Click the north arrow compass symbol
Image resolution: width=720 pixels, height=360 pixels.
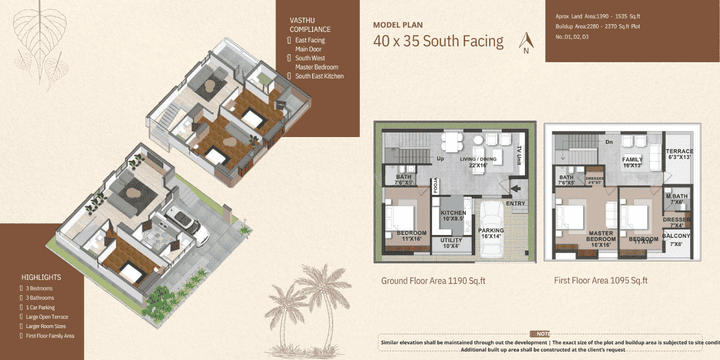tap(526, 42)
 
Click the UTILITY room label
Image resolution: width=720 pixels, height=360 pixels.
tap(452, 242)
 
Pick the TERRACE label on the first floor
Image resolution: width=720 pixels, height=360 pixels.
tap(680, 153)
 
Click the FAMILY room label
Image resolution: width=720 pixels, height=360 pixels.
tap(632, 160)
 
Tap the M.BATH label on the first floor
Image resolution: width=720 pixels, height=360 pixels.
tap(677, 197)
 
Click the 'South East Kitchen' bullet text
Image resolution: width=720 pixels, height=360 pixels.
tap(321, 76)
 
